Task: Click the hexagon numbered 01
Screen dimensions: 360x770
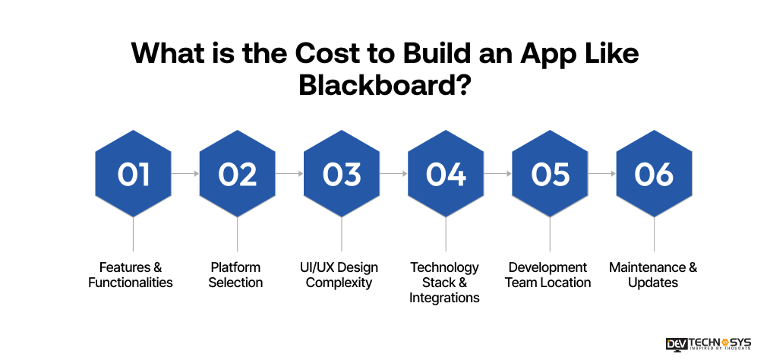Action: point(133,174)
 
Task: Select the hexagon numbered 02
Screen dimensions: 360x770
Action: point(238,174)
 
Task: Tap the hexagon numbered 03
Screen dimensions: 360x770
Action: point(342,174)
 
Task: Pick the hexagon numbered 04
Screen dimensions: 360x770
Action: point(446,174)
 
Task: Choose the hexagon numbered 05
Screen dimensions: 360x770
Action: point(550,174)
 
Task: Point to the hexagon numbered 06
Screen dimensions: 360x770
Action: point(654,174)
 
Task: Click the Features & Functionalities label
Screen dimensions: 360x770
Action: point(131,275)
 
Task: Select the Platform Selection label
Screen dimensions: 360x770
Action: point(236,275)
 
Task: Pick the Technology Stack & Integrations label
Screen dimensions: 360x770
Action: point(445,282)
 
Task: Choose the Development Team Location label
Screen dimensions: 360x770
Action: point(548,275)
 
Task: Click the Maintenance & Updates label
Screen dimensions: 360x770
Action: point(653,275)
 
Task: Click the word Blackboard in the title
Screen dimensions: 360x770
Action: point(377,84)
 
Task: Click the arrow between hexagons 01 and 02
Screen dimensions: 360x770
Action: point(185,174)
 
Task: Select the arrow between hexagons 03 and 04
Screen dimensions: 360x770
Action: point(393,174)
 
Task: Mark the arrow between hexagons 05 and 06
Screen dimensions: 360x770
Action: point(602,174)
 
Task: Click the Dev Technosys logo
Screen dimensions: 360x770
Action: point(708,343)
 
